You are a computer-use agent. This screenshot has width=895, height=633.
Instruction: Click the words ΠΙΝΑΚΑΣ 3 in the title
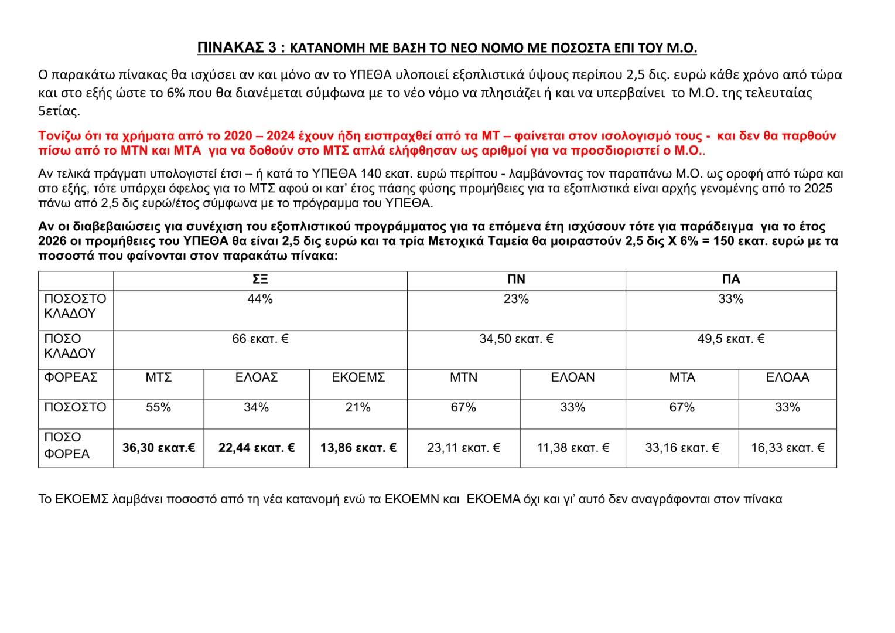[237, 48]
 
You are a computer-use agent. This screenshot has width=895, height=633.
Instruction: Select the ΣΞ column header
[260, 280]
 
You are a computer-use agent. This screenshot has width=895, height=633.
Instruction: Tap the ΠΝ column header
[516, 280]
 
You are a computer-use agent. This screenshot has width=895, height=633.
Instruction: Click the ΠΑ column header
[731, 280]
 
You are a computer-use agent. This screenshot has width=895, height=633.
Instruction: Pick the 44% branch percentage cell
[260, 300]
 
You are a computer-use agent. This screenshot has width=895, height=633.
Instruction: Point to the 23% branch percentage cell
[516, 300]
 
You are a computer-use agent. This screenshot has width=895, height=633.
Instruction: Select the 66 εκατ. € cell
[260, 339]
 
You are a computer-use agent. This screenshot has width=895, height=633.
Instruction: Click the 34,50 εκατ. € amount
[516, 339]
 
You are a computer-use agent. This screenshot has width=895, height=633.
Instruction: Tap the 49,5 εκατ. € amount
[731, 339]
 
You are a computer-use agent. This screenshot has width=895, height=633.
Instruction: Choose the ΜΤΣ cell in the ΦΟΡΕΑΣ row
[159, 378]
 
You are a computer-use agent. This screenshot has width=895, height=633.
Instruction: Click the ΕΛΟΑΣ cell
[257, 378]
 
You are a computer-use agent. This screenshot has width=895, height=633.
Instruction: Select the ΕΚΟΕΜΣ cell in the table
[358, 378]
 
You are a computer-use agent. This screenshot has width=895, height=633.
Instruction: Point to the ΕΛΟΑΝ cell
[573, 378]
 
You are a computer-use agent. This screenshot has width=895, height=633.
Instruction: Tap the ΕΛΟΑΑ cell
[787, 378]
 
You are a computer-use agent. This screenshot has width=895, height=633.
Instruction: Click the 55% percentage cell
[159, 408]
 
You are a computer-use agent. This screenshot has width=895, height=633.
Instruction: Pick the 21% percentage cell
[358, 408]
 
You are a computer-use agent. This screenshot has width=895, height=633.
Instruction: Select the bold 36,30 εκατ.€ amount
[159, 448]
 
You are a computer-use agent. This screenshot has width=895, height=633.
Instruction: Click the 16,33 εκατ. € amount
[787, 448]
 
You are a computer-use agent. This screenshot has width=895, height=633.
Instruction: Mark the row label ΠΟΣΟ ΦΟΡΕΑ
[66, 446]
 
